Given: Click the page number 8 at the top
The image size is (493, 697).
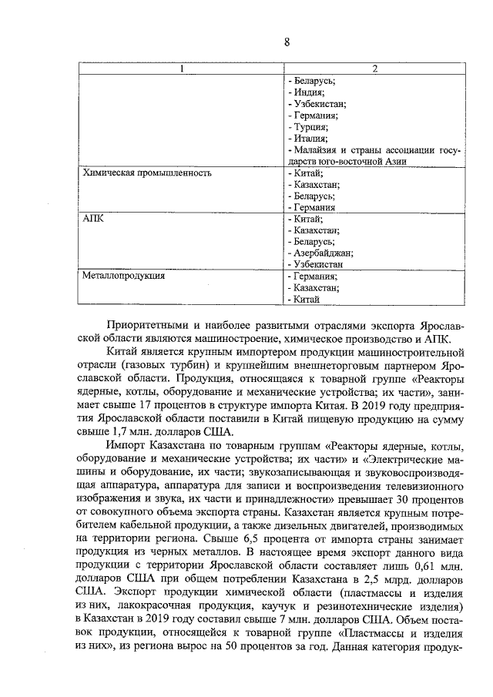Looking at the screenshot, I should coord(286,43).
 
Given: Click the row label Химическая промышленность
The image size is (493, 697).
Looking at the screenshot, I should coord(146,173).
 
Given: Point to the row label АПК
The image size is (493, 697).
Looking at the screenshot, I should coord(92,219).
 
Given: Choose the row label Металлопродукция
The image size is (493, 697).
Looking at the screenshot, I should coord(123,275).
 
